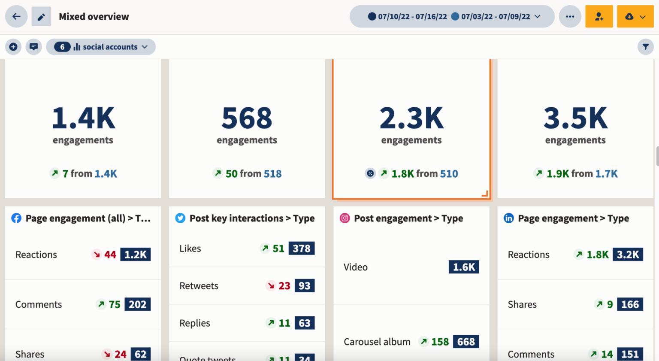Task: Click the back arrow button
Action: point(16,17)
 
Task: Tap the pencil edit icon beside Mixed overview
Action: point(41,17)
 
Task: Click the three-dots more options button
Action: point(570,17)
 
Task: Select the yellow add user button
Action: point(599,17)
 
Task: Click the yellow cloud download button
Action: point(635,17)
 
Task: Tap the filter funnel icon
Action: point(645,47)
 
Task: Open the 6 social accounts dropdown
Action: point(101,47)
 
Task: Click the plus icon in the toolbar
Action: point(13,47)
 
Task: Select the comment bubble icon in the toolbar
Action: point(33,47)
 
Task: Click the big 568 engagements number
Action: point(247,118)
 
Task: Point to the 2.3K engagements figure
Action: point(411,118)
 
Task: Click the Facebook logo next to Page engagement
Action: point(16,218)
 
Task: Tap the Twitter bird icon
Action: point(180,218)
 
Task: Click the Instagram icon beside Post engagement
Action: point(345,218)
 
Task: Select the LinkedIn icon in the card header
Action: point(508,218)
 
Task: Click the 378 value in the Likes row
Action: point(301,249)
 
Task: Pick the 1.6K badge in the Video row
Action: point(464,267)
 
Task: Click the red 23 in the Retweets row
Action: point(284,286)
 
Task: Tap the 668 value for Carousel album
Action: point(466,342)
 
